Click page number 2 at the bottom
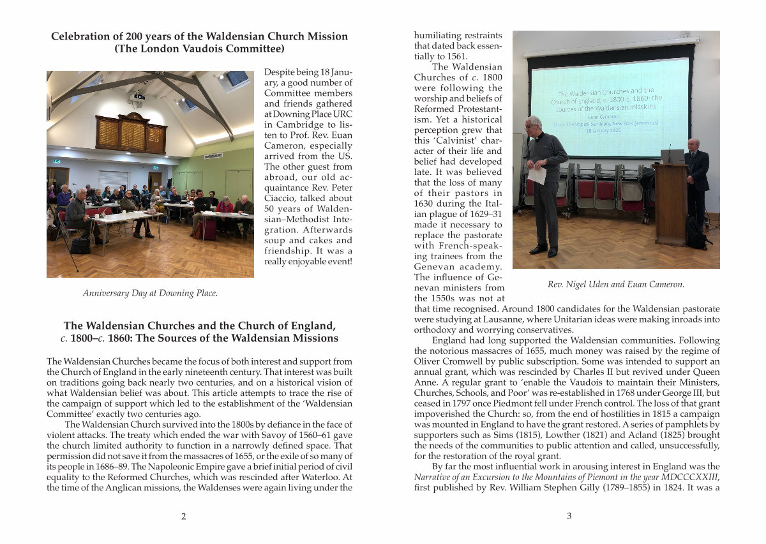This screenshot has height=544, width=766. click(x=184, y=517)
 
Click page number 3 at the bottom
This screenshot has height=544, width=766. click(x=569, y=517)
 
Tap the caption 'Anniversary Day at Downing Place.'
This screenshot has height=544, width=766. click(x=150, y=294)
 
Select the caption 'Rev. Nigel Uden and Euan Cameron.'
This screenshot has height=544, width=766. click(x=616, y=285)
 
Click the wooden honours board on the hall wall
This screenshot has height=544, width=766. click(x=131, y=133)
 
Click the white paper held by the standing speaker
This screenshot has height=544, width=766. click(x=537, y=174)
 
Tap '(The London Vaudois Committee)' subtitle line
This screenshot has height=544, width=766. click(x=199, y=49)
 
